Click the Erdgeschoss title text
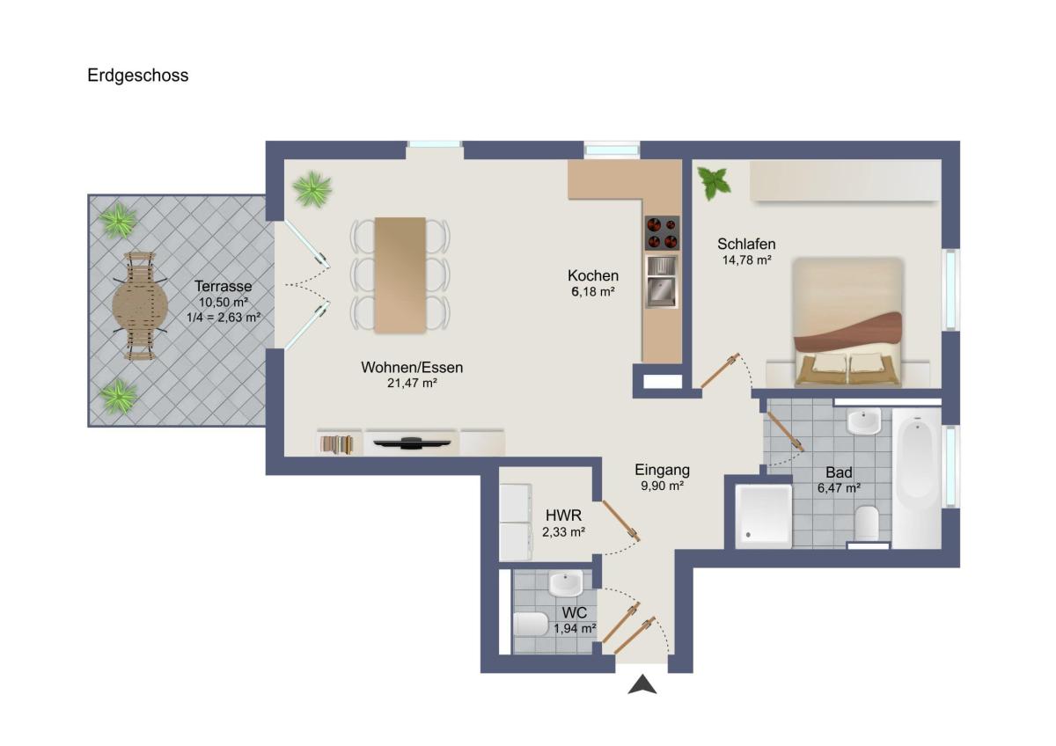pyautogui.click(x=137, y=76)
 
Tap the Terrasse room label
pyautogui.click(x=223, y=286)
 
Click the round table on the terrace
pyautogui.click(x=140, y=306)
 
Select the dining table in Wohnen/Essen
pyautogui.click(x=400, y=275)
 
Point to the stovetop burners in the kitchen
pyautogui.click(x=662, y=233)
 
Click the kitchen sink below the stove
pyautogui.click(x=662, y=282)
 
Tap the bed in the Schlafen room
pyautogui.click(x=847, y=322)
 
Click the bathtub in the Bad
pyautogui.click(x=917, y=479)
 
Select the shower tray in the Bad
pyautogui.click(x=764, y=516)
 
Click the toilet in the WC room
pyautogui.click(x=532, y=624)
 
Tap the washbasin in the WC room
pyautogui.click(x=566, y=583)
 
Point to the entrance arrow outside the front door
pyautogui.click(x=642, y=684)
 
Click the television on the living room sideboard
pyautogui.click(x=412, y=443)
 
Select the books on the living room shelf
pyautogui.click(x=336, y=444)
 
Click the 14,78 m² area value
pyautogui.click(x=747, y=260)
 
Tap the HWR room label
pyautogui.click(x=563, y=516)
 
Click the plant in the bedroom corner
pyautogui.click(x=714, y=183)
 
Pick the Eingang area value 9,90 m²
pyautogui.click(x=662, y=486)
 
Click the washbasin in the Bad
pyautogui.click(x=863, y=421)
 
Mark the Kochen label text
pyautogui.click(x=593, y=275)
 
